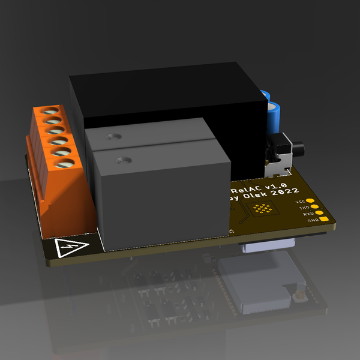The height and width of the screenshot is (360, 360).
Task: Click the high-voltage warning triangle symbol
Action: click(71, 247)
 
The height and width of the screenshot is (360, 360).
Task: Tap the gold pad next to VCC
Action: click(310, 201)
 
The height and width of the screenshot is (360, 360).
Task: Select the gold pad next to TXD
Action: click(314, 207)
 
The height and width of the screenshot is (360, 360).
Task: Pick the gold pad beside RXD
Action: click(319, 214)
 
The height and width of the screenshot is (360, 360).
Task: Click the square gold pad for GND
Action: click(324, 220)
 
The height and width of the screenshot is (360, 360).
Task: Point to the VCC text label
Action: click(301, 202)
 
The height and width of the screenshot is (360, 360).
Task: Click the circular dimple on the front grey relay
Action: click(124, 160)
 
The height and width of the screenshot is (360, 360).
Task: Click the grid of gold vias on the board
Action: click(262, 209)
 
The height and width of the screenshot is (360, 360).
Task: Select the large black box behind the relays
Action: click(168, 99)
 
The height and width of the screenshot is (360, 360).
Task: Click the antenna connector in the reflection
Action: click(295, 296)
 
